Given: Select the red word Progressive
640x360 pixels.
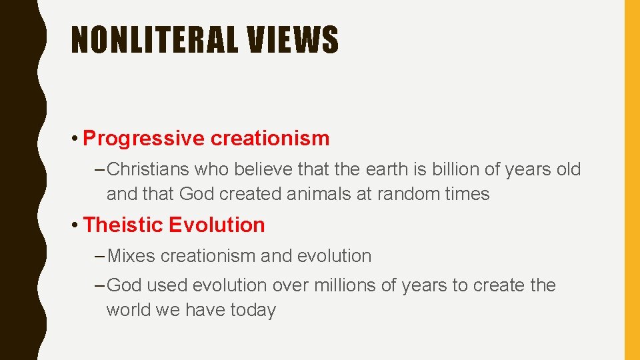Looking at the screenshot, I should coord(143,139).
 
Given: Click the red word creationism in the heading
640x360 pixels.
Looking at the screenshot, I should coord(270,139).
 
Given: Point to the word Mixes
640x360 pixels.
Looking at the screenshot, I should coord(131,256).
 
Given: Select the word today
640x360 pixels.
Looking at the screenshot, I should coord(253,310).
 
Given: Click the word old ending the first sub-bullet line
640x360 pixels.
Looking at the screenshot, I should coord(568,170).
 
